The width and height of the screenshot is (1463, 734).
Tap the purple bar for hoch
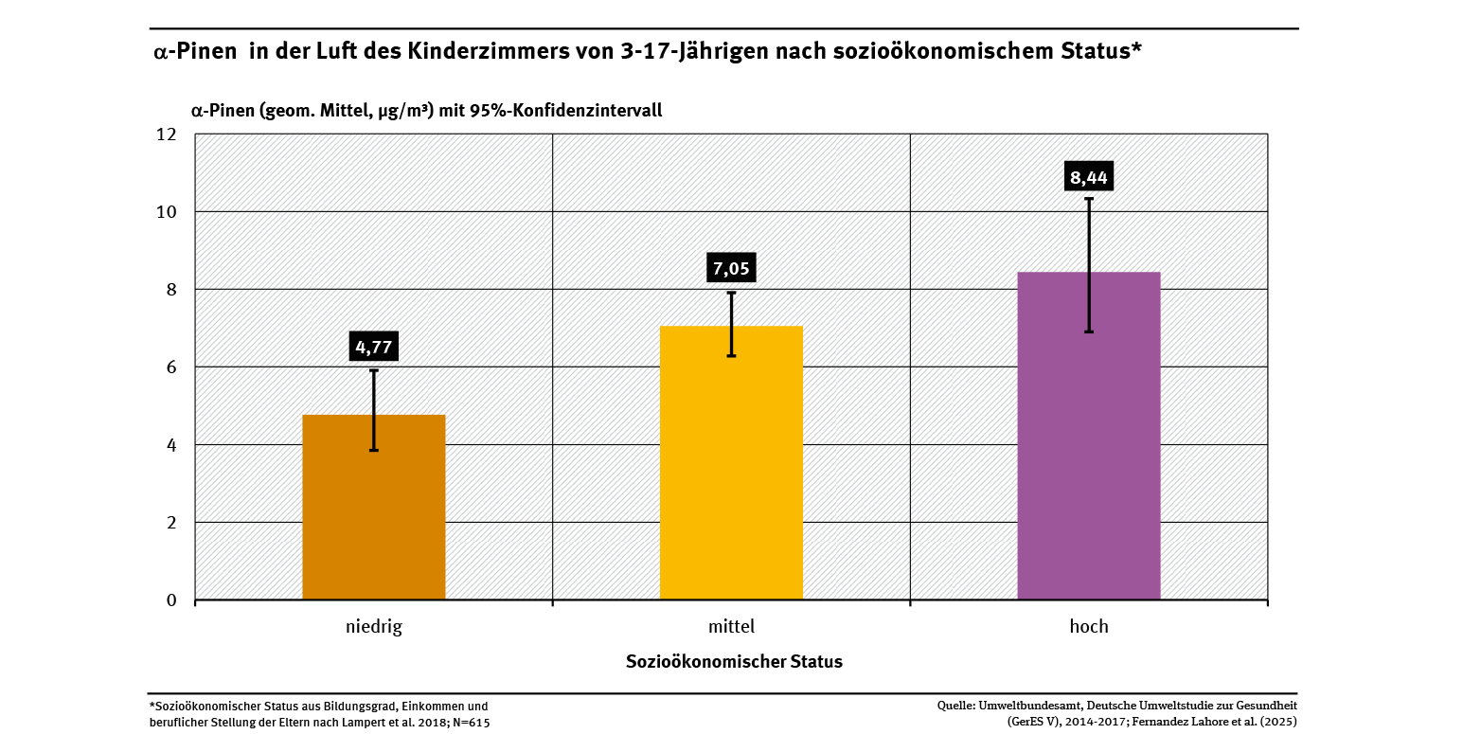click(1088, 436)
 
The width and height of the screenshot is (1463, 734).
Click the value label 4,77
click(373, 347)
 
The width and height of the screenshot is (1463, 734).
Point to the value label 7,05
click(731, 269)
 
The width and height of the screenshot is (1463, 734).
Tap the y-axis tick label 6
click(170, 367)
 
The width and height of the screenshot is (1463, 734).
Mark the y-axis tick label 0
click(170, 600)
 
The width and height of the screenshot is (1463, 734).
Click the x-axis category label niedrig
click(373, 627)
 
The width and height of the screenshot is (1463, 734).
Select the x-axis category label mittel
click(731, 627)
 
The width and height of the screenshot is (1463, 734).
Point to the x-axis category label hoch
click(1088, 627)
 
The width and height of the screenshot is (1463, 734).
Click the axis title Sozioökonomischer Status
click(734, 662)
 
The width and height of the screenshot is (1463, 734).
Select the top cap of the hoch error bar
click(1088, 199)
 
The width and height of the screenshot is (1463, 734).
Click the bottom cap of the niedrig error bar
click(373, 450)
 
